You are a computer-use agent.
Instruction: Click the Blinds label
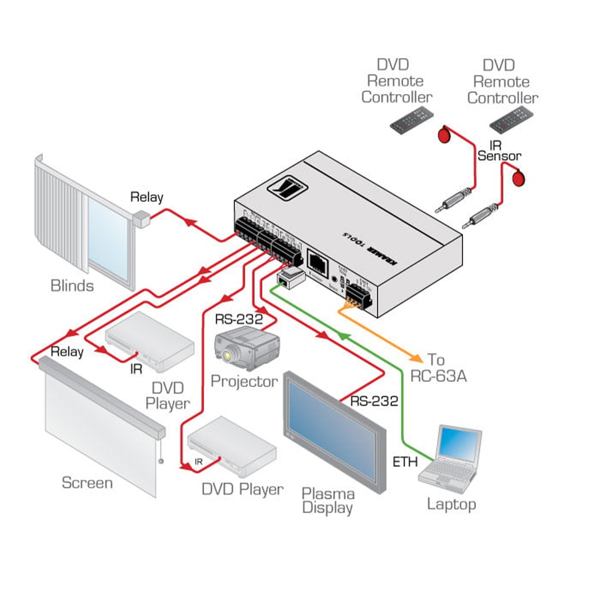72,286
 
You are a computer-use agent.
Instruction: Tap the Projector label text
244,381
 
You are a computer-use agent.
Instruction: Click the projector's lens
227,355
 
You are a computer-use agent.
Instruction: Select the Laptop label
451,504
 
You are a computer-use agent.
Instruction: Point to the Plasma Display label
327,501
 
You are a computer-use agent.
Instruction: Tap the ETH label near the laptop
405,462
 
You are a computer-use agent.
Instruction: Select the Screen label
87,483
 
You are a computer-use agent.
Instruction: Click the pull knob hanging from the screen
160,461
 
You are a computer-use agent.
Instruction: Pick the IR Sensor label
499,150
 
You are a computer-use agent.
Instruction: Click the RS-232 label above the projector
238,319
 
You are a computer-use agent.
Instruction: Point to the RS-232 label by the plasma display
374,401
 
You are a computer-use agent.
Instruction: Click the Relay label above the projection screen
67,352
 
